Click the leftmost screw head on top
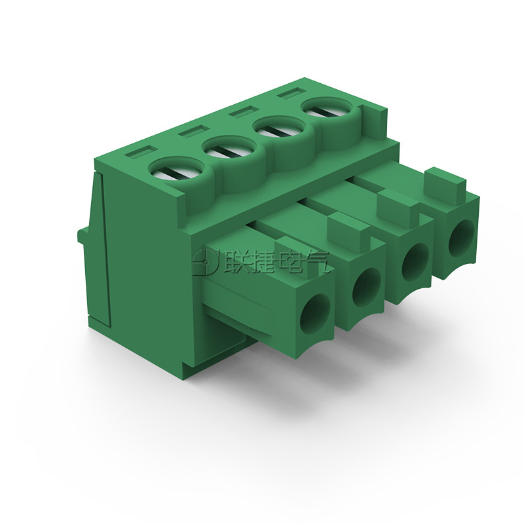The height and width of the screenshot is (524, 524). tap(176, 170)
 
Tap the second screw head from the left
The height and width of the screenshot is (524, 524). tap(229, 150)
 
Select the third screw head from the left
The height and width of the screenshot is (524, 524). tap(280, 130)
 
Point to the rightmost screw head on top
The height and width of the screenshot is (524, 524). tap(327, 111)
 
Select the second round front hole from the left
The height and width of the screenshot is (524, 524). tap(367, 288)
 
